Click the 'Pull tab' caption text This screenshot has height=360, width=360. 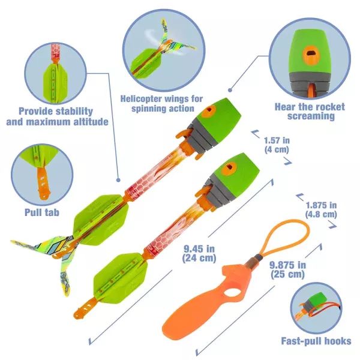(x=41, y=212)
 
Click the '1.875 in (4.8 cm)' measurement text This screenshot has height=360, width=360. (x=320, y=209)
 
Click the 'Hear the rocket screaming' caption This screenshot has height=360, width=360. (x=310, y=111)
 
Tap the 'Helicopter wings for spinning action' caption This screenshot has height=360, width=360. (x=161, y=103)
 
